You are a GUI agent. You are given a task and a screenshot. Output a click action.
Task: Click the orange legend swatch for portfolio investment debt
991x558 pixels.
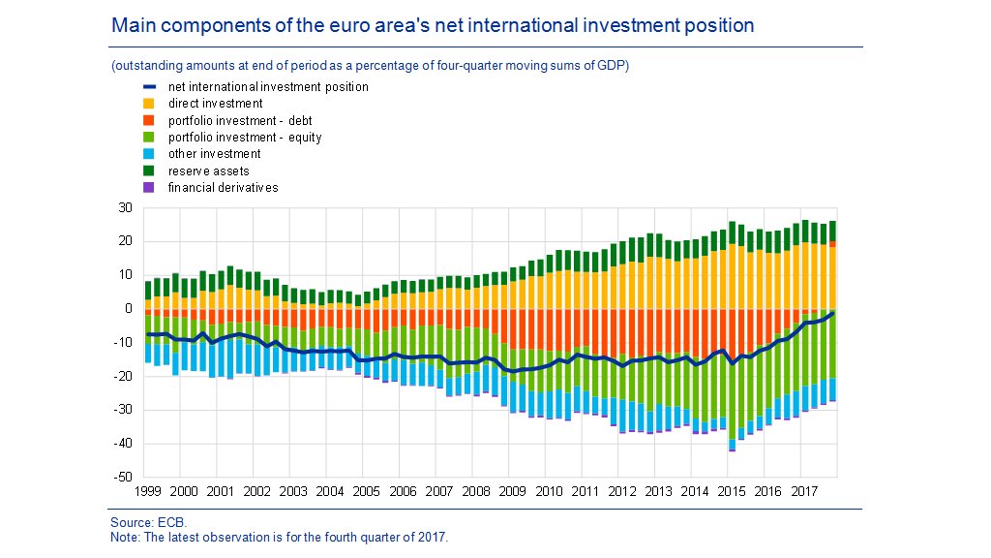coord(150,120)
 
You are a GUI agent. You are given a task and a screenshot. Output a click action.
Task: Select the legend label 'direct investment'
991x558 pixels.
coord(215,104)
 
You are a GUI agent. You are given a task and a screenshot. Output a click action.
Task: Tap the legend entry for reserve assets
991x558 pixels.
coord(208,170)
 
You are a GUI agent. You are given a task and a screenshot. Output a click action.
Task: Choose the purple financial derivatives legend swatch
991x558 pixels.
coord(150,187)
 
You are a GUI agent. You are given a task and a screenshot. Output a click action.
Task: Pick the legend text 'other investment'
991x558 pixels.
coord(214,153)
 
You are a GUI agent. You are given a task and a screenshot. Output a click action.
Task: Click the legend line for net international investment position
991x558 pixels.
coord(150,87)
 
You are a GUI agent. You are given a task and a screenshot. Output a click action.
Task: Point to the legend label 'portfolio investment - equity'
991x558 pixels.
coord(245,138)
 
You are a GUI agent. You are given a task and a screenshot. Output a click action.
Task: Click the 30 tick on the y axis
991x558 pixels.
coord(126,207)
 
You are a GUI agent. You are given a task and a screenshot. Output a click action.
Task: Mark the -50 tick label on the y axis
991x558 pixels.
coord(123,478)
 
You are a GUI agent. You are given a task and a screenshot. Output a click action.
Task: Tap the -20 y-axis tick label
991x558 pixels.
coord(123,377)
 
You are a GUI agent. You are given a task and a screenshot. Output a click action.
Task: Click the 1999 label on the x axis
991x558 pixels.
coord(147,492)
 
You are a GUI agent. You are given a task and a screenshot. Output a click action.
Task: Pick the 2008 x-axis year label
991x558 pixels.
coord(474,492)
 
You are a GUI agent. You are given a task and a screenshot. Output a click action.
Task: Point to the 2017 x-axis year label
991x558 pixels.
coord(802,492)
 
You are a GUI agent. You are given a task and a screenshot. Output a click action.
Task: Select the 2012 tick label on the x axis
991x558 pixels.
coord(620,492)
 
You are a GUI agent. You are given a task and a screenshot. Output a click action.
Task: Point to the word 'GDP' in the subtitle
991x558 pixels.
coord(613,66)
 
